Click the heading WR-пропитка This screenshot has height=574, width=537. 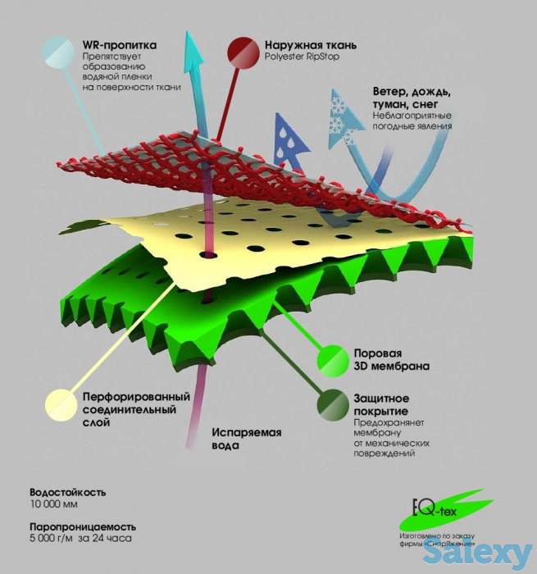tap(120, 45)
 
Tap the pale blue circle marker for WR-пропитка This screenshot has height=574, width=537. tap(58, 51)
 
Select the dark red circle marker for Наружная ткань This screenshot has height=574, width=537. tap(243, 53)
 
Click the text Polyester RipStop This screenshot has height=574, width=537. tap(302, 57)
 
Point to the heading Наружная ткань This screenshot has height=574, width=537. tap(311, 45)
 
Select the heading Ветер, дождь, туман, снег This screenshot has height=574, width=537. tap(412, 98)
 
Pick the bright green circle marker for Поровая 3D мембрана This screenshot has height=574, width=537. tap(333, 361)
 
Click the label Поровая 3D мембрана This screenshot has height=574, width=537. tap(391, 359)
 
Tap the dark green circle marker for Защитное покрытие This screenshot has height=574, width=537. tap(333, 405)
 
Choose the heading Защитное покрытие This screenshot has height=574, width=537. tap(381, 404)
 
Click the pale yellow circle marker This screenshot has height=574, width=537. tap(61, 405)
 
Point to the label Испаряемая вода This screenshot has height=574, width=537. tap(247, 439)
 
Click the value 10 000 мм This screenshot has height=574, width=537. tap(54, 504)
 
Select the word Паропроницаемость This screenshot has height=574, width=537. tap(83, 526)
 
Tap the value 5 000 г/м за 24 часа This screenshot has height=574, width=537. tap(80, 538)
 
